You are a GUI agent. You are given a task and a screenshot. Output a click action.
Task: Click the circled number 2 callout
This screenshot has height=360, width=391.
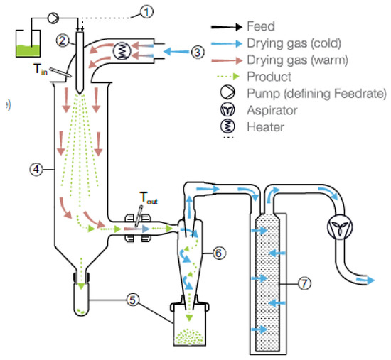coord(64,41)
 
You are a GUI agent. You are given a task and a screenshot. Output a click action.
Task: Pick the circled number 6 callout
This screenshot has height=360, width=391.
coord(219,251)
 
